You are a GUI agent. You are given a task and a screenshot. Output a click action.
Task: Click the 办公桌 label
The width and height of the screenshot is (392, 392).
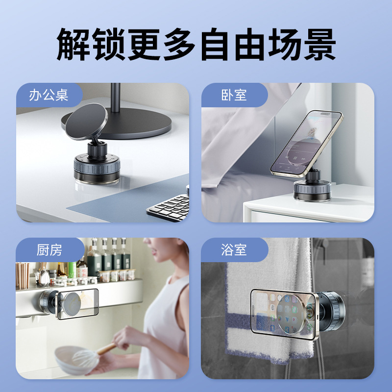pos(49,95)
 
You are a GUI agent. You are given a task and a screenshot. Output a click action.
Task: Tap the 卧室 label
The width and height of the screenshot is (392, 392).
pos(234,95)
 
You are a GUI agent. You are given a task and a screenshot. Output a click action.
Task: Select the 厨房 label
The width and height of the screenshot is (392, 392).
pos(49,250)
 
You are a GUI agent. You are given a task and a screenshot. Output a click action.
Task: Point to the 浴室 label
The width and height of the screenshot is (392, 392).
pos(234,250)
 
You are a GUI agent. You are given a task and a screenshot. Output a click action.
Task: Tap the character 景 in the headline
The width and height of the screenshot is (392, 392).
pos(319,44)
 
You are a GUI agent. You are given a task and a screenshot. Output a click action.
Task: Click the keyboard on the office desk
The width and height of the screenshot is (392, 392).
pos(169,207)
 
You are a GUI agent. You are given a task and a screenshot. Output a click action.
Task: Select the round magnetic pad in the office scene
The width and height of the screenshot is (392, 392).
pos(87,122)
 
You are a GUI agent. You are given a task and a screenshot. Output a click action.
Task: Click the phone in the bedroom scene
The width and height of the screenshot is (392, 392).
pos(307,144)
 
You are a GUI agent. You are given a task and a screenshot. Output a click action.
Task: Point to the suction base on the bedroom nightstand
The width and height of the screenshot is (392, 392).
pos(313,191)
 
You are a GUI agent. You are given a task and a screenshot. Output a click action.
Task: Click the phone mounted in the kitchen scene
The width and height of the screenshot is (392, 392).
pos(77,304)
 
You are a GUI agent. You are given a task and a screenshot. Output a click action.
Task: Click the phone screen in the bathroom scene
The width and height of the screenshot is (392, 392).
pos(283,314)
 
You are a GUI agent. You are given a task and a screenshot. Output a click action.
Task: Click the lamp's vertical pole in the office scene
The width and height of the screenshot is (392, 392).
pos(115,98)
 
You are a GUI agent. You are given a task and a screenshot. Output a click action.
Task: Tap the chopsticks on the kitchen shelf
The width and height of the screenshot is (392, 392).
pos(23,275)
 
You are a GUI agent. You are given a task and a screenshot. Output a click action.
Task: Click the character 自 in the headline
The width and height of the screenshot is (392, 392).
pos(215,44)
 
